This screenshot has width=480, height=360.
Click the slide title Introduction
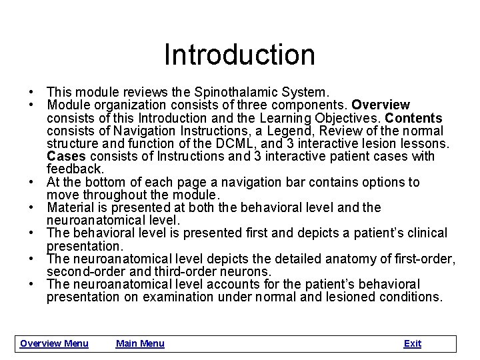239,54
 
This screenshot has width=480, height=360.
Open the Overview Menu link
54,343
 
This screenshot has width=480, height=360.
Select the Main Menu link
140,343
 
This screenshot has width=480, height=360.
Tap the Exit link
412,343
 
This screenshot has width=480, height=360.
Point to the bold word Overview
381,105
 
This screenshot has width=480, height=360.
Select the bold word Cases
65,156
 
